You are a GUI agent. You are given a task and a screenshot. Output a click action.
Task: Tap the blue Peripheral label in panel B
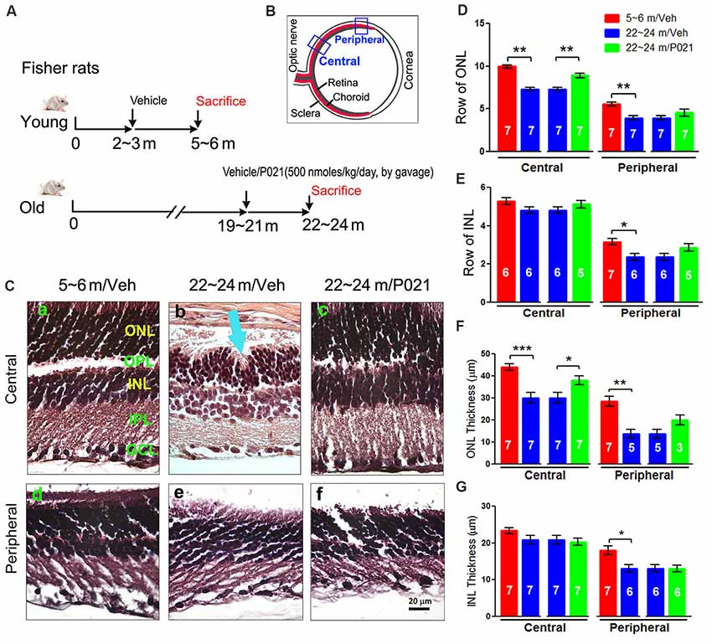348,39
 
